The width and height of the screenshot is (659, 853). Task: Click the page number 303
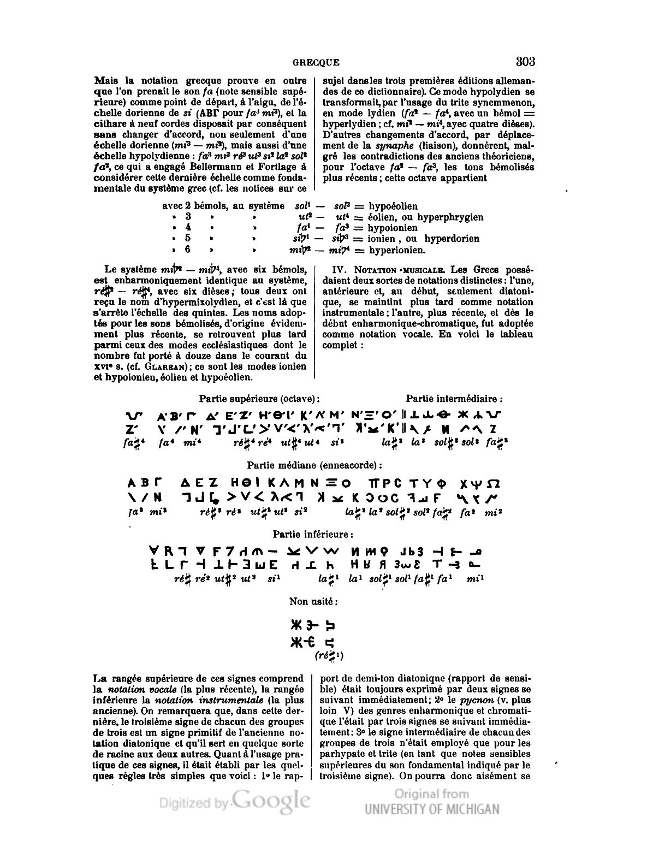coord(524,61)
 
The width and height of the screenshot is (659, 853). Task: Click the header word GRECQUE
coord(316,63)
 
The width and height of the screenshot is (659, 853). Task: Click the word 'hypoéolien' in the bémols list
coord(393,206)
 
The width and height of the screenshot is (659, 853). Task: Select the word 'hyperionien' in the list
coord(397,250)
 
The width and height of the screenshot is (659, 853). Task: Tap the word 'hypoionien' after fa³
coord(392,228)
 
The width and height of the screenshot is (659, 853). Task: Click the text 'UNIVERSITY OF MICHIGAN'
coord(432,809)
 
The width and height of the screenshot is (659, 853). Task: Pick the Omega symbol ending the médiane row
coord(492,483)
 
